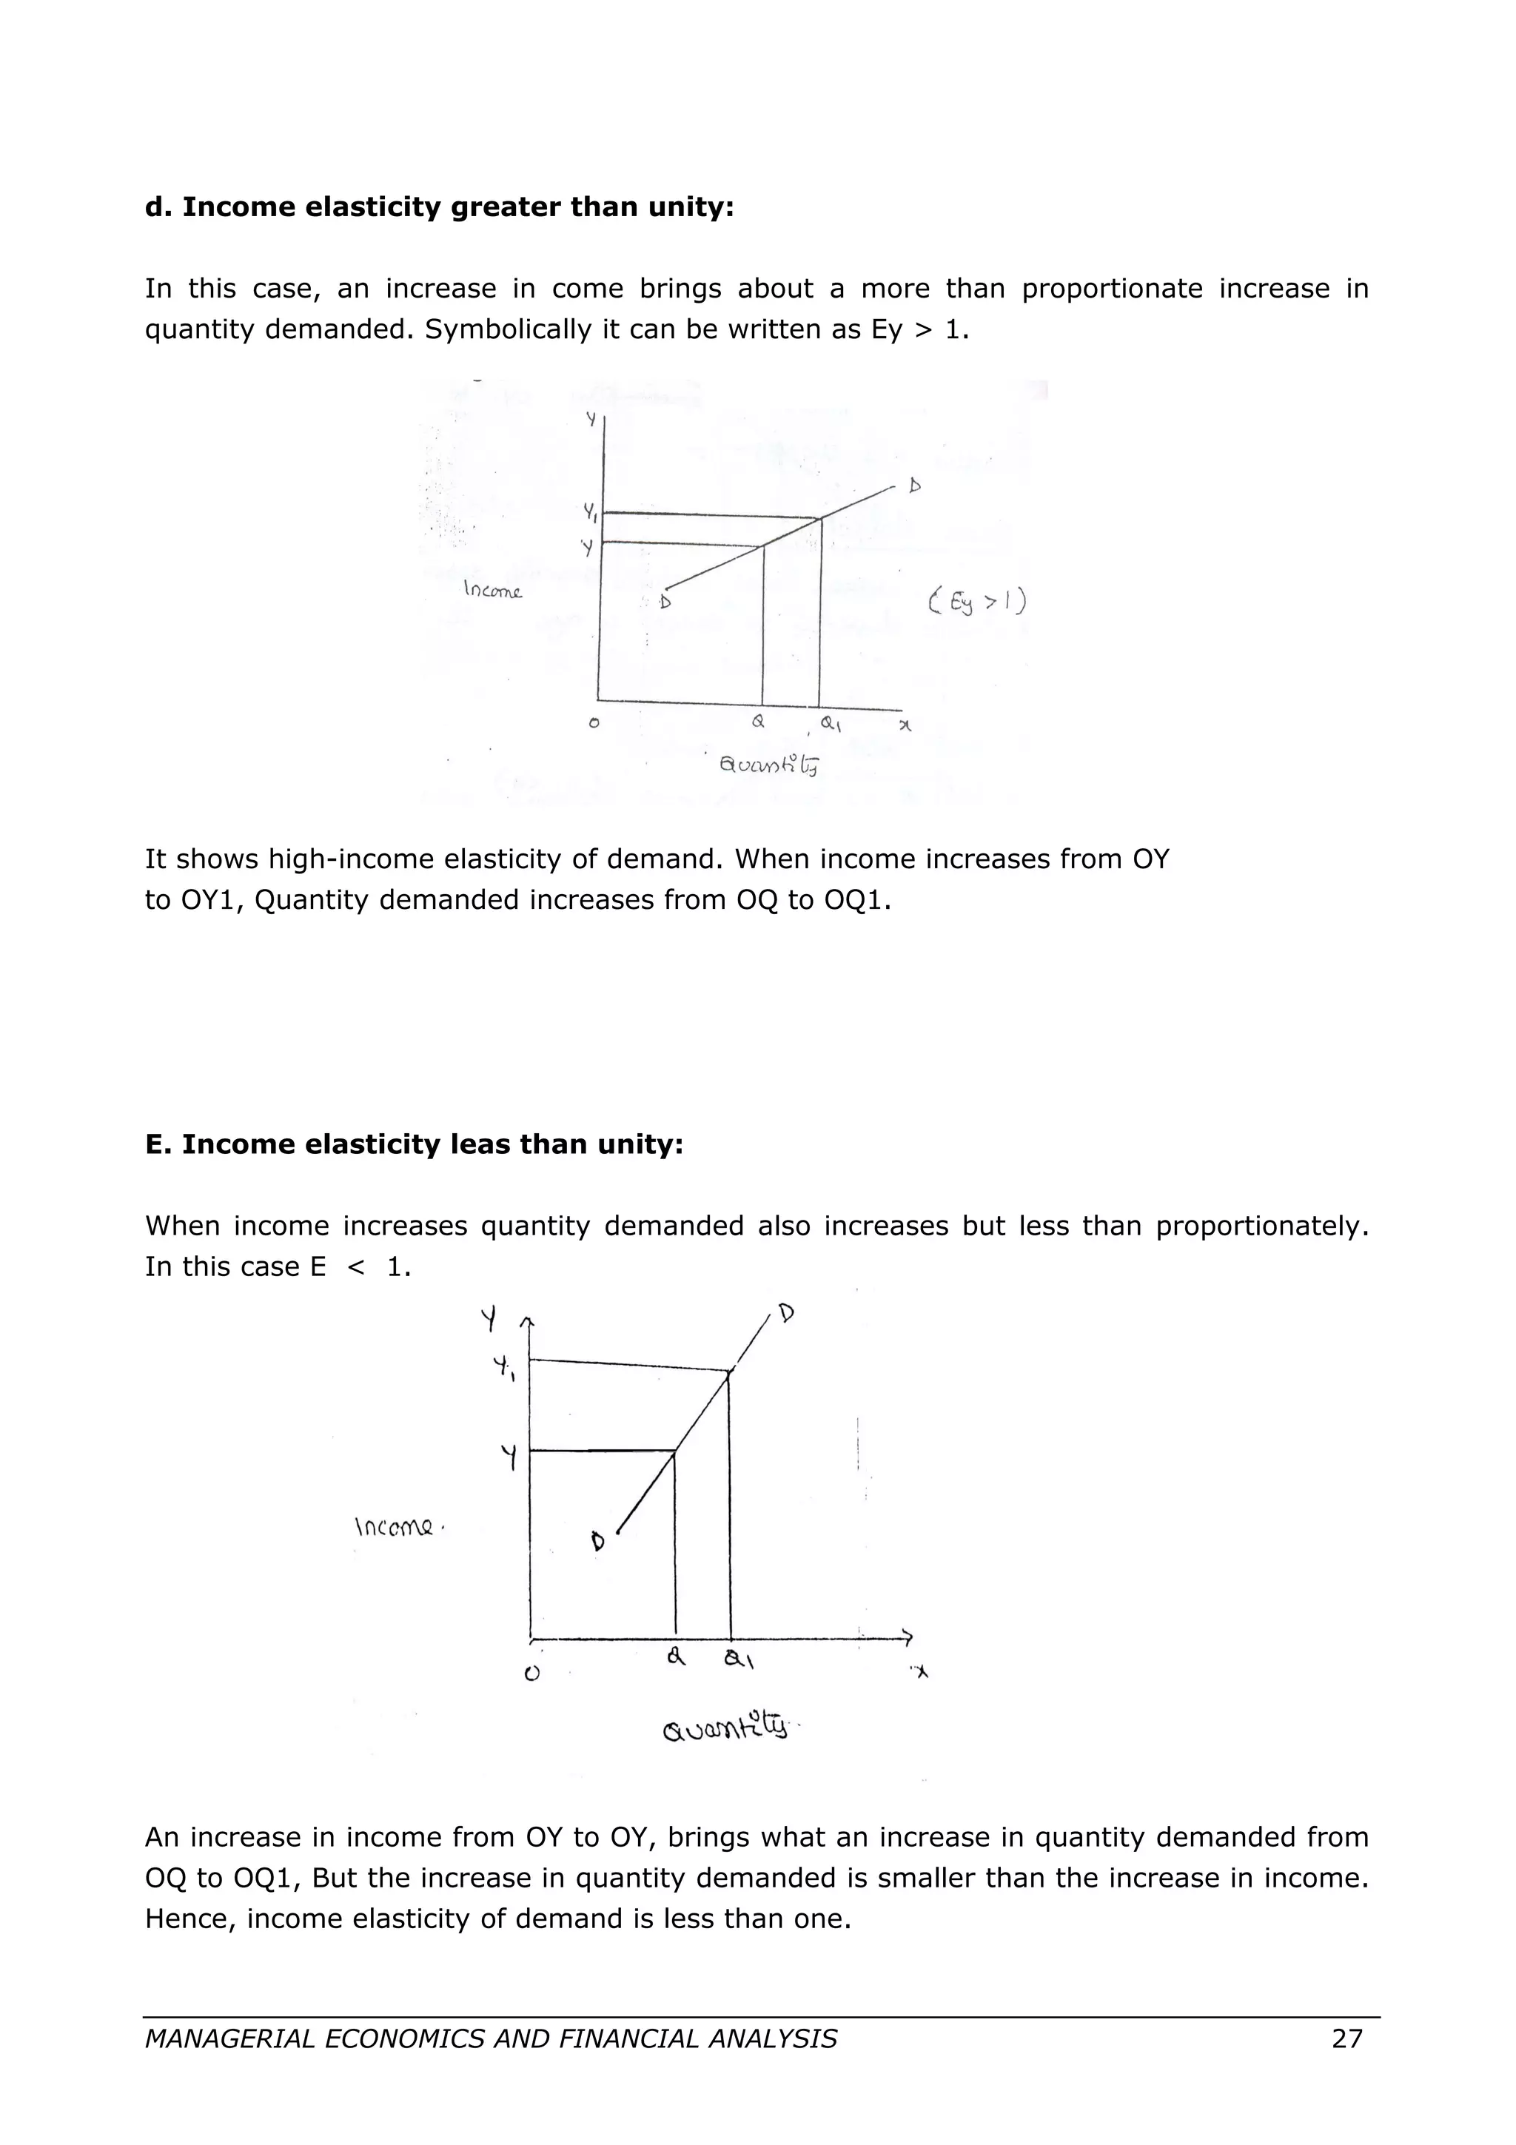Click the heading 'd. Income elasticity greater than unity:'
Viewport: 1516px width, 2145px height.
439,207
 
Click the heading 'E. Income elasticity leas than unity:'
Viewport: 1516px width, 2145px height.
414,1144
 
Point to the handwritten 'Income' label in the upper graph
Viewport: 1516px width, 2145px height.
493,591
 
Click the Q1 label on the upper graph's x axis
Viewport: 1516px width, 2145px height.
830,723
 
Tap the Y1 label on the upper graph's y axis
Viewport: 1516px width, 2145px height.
590,511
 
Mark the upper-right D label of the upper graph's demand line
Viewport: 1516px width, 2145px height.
914,486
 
